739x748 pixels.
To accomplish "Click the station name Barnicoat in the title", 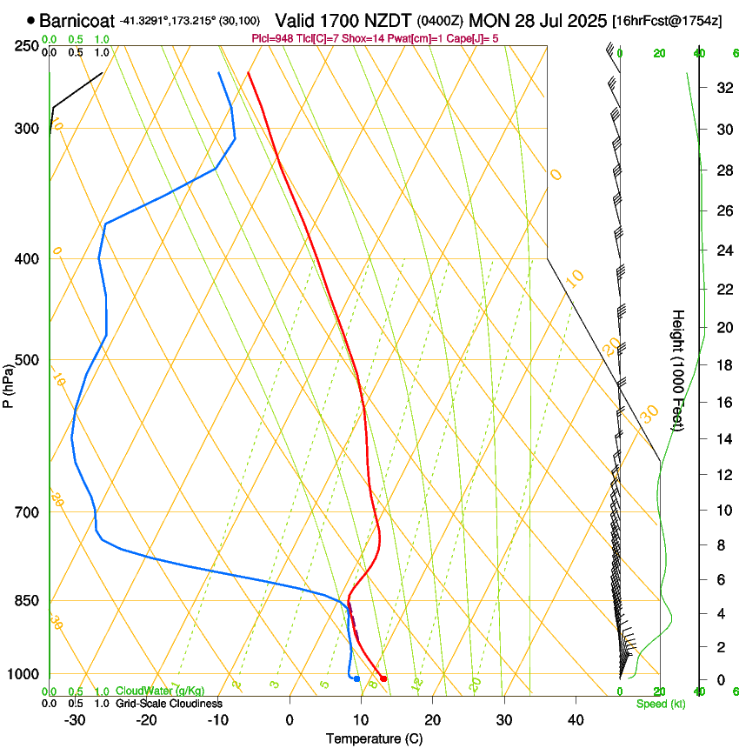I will pyautogui.click(x=77, y=20).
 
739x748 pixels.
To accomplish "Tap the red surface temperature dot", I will pyautogui.click(x=383, y=678).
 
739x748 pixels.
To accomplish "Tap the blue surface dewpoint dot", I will pyautogui.click(x=356, y=678).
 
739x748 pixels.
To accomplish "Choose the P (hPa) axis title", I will pyautogui.click(x=9, y=383).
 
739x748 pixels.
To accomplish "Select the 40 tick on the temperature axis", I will pyautogui.click(x=576, y=719).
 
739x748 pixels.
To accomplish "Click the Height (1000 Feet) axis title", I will pyautogui.click(x=678, y=370).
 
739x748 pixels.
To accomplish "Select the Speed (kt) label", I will pyautogui.click(x=661, y=704).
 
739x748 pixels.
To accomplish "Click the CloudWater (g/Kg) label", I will pyautogui.click(x=160, y=691).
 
